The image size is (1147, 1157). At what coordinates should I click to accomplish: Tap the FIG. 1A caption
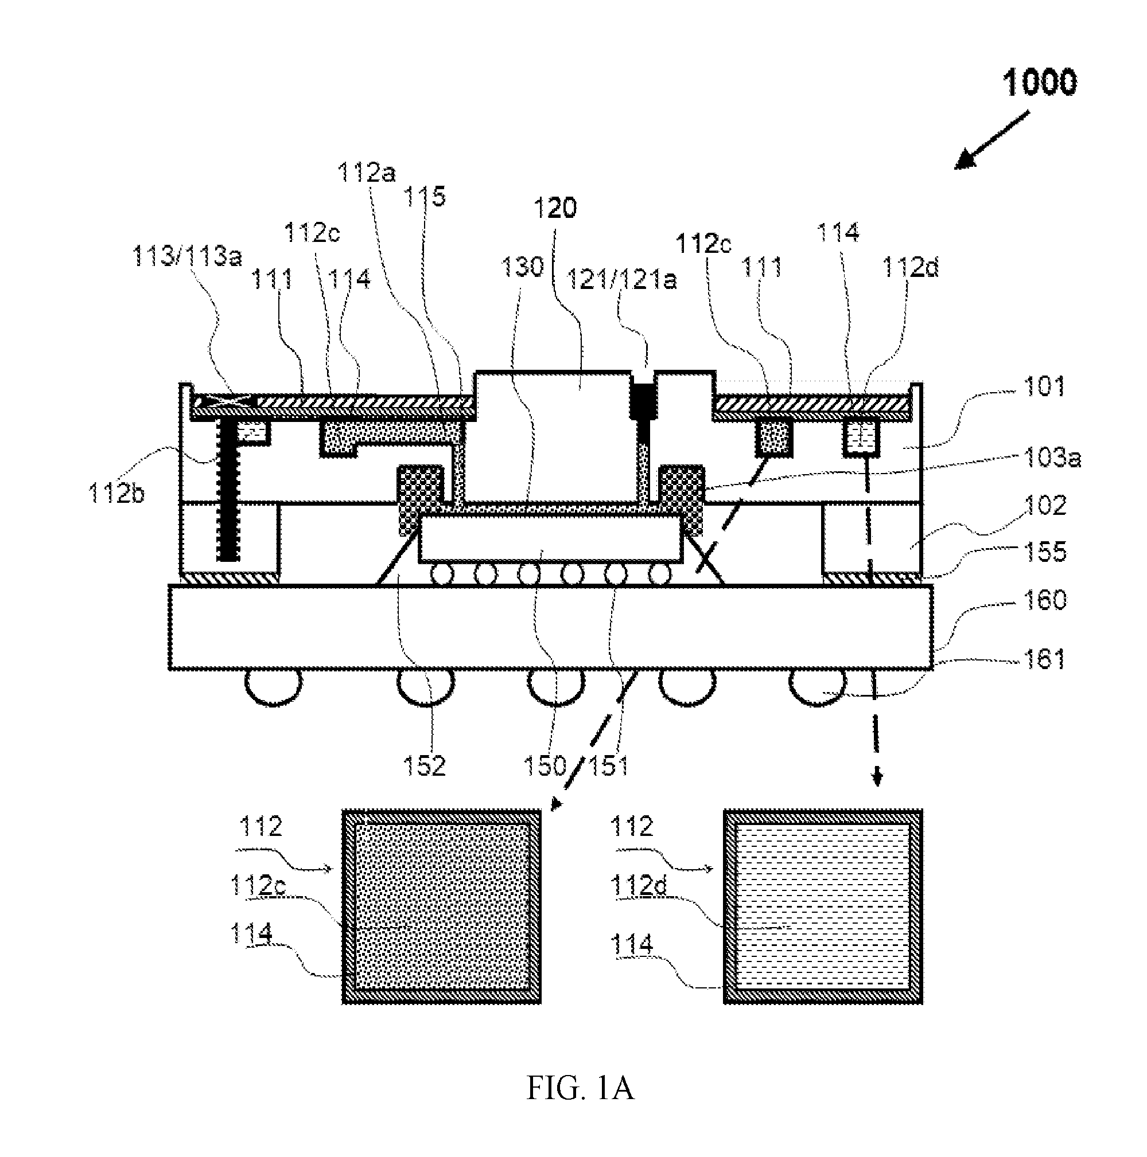coord(580,1088)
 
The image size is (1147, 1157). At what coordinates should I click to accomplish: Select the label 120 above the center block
coord(555,208)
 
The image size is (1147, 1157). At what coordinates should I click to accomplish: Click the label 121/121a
coord(621,279)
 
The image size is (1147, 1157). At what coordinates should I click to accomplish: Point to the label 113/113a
coord(187,256)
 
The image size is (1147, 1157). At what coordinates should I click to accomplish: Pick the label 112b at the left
coord(116,494)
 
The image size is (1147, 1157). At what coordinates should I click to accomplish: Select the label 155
coord(1045,552)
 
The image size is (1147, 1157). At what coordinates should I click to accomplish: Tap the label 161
coord(1045,659)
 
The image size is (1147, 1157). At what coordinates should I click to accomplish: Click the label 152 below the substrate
coord(424,765)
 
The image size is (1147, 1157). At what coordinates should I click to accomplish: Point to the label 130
coord(522,267)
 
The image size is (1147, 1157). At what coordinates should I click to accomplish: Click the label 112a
coord(367,173)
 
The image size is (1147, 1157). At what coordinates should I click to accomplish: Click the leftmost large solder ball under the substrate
coord(273,688)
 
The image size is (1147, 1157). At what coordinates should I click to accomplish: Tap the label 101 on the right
coord(1045,386)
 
